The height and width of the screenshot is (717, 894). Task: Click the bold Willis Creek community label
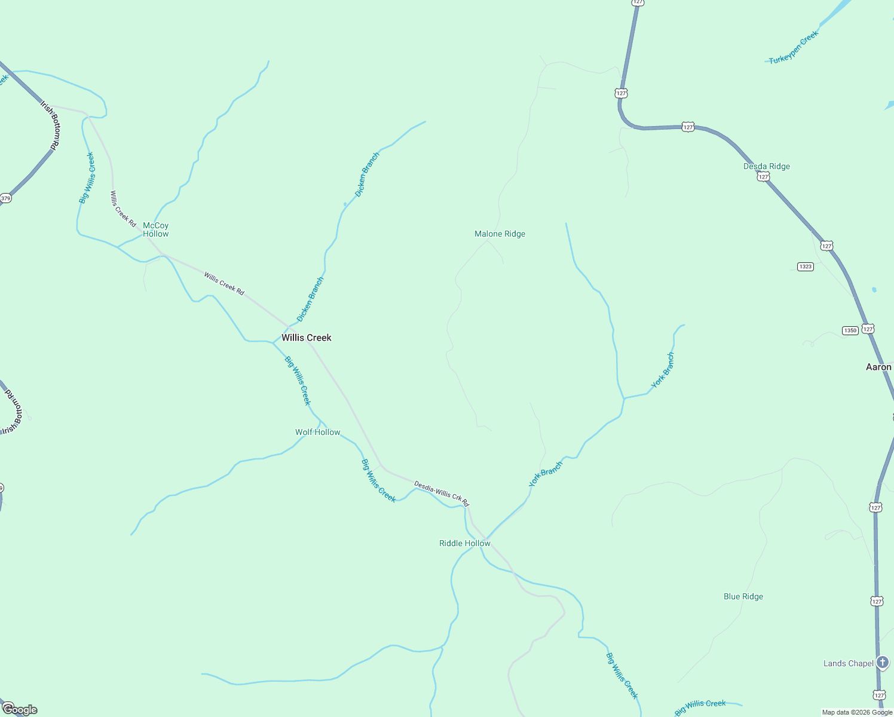[307, 338]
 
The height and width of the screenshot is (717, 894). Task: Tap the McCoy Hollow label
[155, 230]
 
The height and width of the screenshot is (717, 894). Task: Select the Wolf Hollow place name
[318, 432]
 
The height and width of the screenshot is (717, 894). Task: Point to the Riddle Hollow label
[465, 543]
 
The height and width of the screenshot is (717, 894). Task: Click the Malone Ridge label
[500, 234]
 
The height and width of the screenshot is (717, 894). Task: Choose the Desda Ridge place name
[767, 166]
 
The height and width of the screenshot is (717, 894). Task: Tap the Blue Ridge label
[743, 596]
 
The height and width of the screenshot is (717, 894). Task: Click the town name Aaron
[878, 367]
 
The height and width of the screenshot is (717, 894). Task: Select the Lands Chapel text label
[849, 663]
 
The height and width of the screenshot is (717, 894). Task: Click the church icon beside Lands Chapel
[883, 662]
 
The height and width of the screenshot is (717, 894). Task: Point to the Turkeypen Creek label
[794, 48]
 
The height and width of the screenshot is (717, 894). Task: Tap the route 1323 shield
[806, 266]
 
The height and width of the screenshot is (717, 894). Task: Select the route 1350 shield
[850, 330]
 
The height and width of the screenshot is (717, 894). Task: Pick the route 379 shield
[6, 198]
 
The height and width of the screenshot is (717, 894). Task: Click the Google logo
[20, 709]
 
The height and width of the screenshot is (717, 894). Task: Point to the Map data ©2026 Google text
[857, 712]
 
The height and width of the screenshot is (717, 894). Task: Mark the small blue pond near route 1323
[874, 290]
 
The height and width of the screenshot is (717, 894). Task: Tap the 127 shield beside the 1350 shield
[868, 329]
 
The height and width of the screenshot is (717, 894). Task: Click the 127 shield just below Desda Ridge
[763, 177]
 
